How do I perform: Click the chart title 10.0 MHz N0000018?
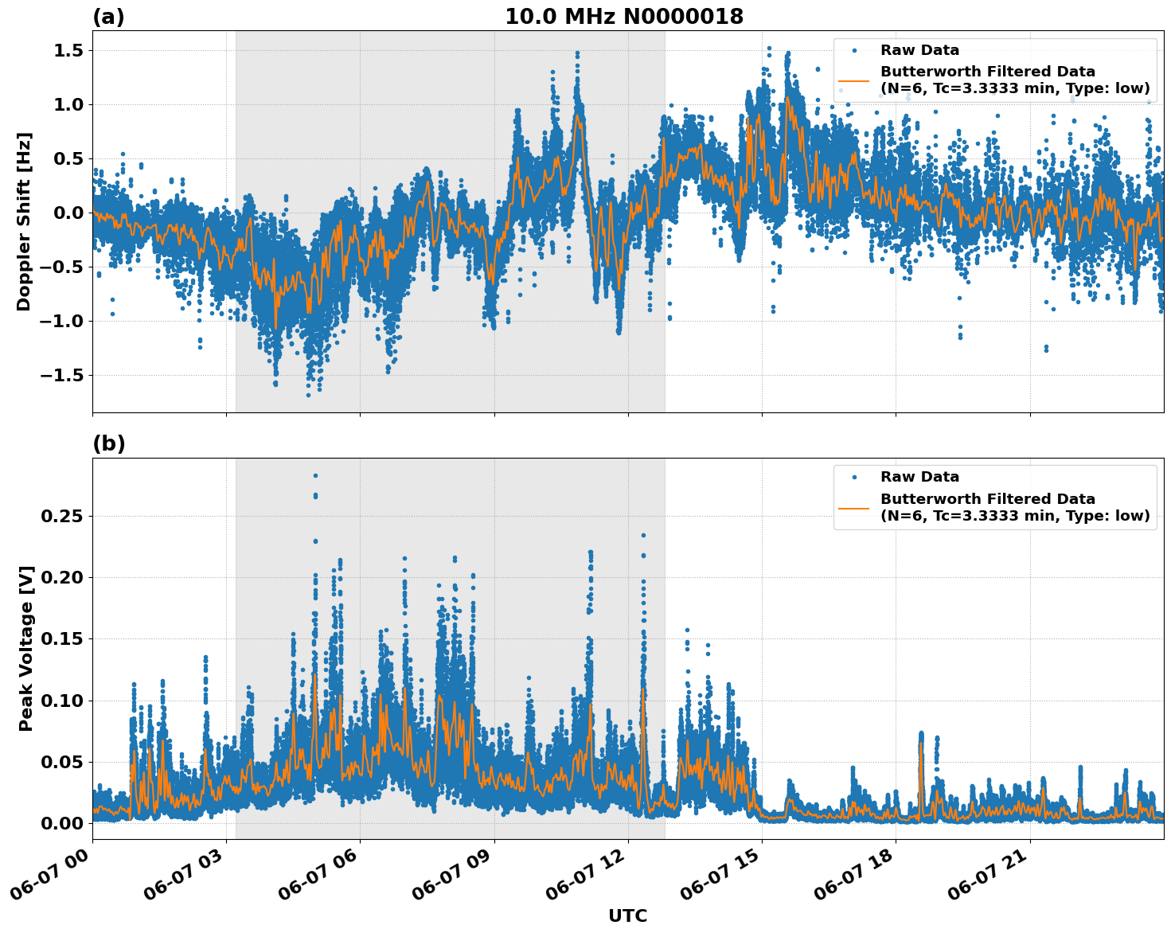pyautogui.click(x=624, y=17)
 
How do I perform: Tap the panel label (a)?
pyautogui.click(x=108, y=17)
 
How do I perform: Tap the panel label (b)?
pyautogui.click(x=108, y=444)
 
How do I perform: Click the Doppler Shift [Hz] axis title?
pyautogui.click(x=24, y=221)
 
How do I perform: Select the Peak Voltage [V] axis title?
pyautogui.click(x=26, y=649)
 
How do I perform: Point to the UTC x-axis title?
pyautogui.click(x=627, y=916)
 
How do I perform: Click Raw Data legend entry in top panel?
pyautogui.click(x=919, y=50)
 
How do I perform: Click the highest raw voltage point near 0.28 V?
pyautogui.click(x=315, y=475)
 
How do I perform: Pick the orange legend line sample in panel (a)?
pyautogui.click(x=854, y=80)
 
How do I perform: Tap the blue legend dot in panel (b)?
pyautogui.click(x=854, y=477)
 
